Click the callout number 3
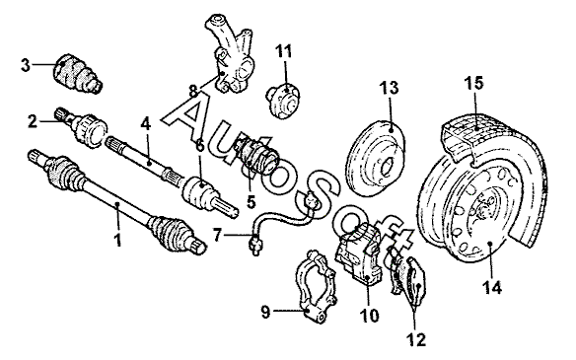[25, 65]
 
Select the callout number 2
[33, 121]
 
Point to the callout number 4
[146, 124]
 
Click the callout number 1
[117, 240]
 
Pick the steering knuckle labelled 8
[230, 55]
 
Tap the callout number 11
[284, 51]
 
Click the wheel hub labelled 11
[284, 101]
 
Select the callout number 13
[389, 88]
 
